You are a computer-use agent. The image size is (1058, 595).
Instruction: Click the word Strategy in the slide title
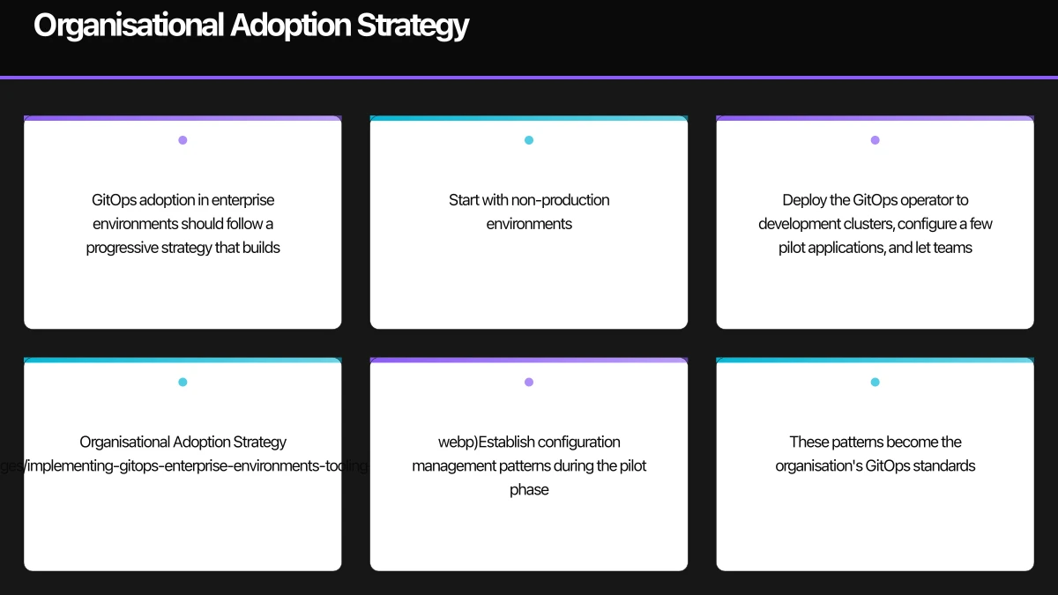[412, 26]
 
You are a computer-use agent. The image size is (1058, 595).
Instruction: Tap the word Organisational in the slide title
[129, 26]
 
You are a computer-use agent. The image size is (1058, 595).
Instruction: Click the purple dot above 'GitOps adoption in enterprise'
[183, 140]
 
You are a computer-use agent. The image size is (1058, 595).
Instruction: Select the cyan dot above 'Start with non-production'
[529, 140]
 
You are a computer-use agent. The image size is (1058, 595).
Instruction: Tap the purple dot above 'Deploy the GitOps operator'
[875, 140]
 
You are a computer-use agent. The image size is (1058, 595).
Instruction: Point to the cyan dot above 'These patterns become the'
[875, 383]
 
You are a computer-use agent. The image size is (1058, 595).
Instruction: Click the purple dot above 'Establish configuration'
[529, 383]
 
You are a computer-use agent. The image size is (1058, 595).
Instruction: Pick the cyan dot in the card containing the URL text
[183, 383]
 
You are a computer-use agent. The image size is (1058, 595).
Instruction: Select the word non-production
[560, 200]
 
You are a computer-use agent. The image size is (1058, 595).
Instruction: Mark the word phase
[529, 489]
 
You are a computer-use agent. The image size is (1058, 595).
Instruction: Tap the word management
[449, 465]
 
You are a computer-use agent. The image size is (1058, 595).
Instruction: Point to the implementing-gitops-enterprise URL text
[185, 465]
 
